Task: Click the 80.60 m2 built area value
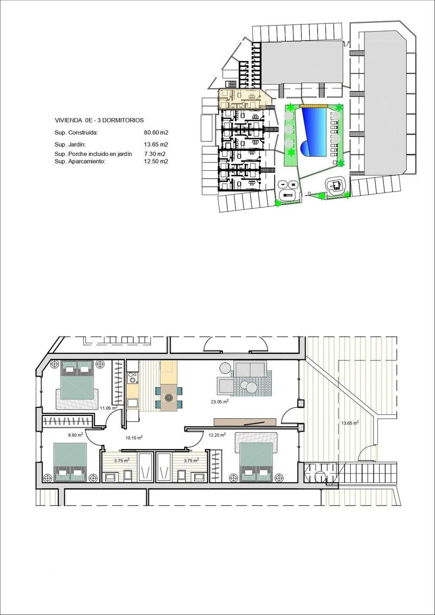tap(156, 132)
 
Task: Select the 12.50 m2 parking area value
tap(156, 161)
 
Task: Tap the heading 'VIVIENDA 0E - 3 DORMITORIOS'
tap(100, 120)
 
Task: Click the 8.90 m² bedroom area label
tap(76, 434)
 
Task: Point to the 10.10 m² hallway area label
tap(134, 437)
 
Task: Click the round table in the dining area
tap(169, 398)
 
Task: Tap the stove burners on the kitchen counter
tap(133, 376)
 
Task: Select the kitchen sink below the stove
tap(133, 402)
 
